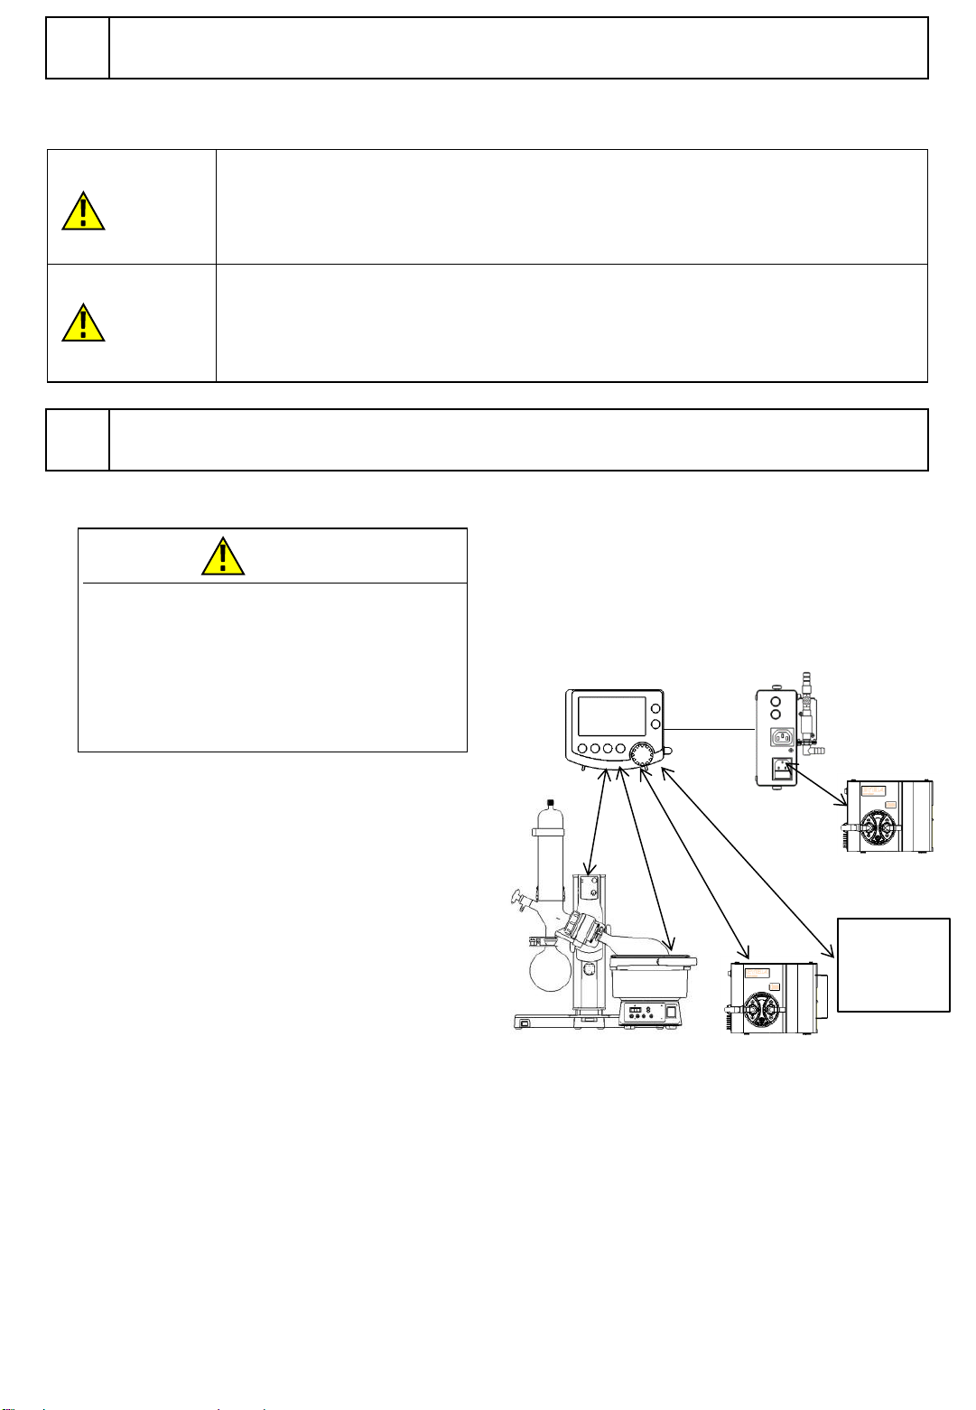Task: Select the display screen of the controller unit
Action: [x=611, y=715]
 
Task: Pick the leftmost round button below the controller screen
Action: [x=582, y=749]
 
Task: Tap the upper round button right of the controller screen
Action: [x=655, y=709]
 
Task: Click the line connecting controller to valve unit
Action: [x=711, y=729]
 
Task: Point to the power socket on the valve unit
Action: [x=782, y=737]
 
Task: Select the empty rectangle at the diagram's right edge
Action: [x=894, y=965]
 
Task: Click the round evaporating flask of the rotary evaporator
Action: [x=549, y=966]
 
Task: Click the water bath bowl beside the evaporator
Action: [x=650, y=976]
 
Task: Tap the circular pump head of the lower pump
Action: [x=762, y=1008]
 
